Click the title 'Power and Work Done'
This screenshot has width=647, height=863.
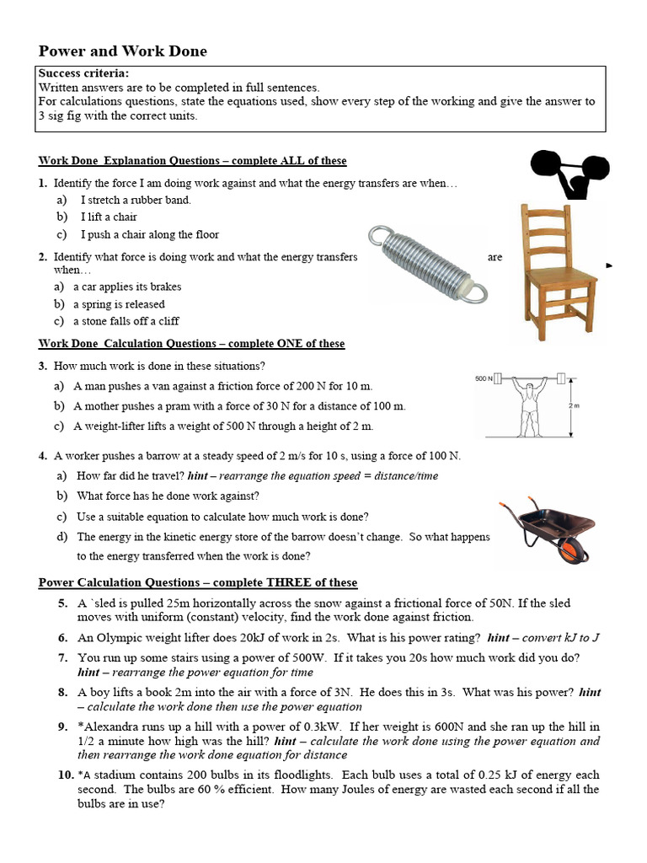[123, 52]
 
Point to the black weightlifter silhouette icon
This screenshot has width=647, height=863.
[569, 171]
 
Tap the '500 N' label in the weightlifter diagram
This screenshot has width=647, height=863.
[483, 378]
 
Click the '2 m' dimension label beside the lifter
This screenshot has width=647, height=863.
[573, 405]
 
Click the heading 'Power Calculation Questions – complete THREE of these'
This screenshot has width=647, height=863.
[198, 582]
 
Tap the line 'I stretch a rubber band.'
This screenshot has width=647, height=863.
[136, 200]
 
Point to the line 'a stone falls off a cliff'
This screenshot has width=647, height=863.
[126, 321]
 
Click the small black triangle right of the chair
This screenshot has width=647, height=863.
[610, 265]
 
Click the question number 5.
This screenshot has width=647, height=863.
[63, 603]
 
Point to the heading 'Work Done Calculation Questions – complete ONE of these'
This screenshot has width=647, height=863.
[192, 344]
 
